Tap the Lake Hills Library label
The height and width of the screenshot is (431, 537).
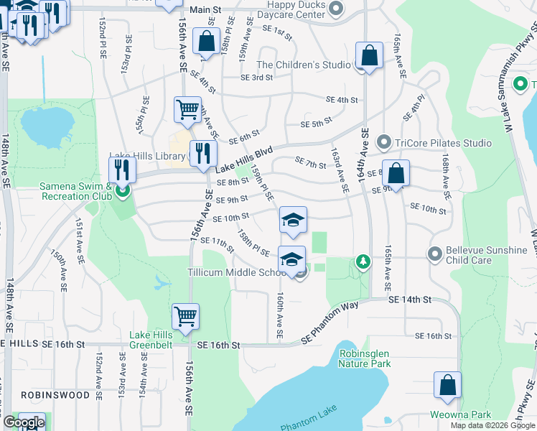click(x=148, y=156)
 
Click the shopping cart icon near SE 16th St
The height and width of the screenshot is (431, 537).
click(x=185, y=317)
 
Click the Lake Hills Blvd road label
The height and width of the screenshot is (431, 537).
click(x=245, y=160)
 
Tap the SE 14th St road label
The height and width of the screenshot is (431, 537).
click(x=409, y=299)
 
